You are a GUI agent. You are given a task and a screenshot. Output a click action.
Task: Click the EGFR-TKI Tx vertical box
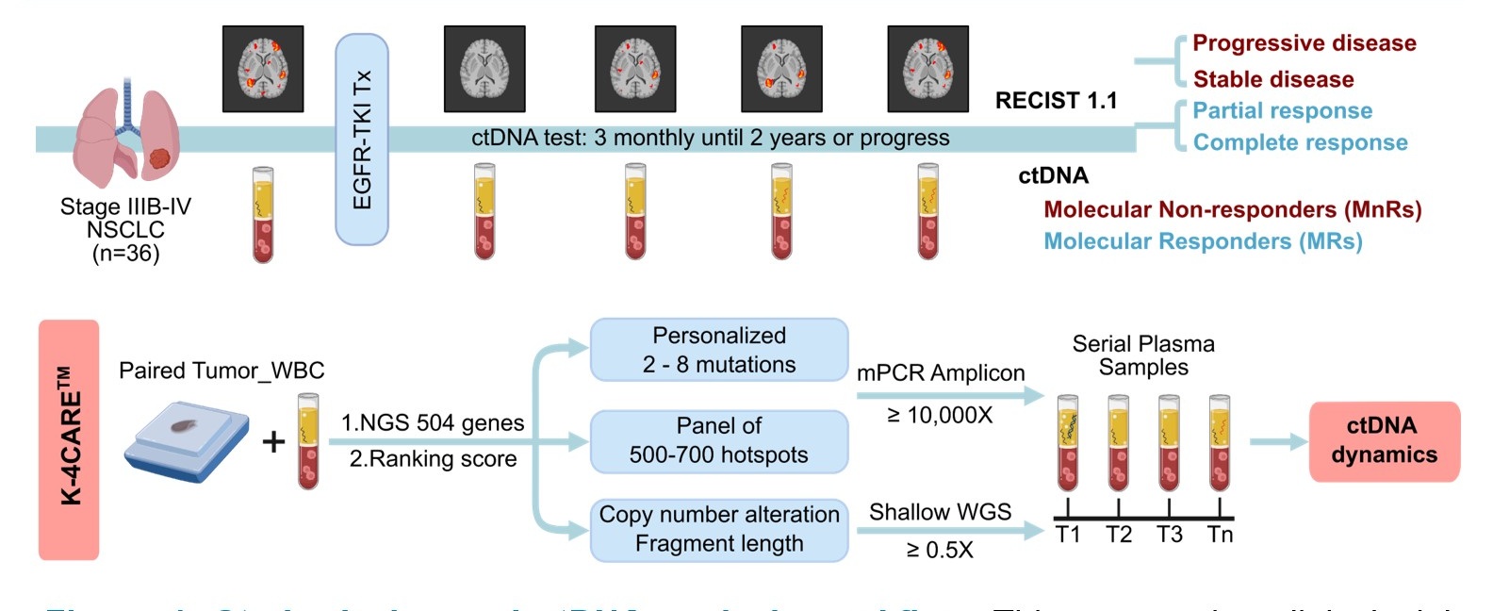pos(362,140)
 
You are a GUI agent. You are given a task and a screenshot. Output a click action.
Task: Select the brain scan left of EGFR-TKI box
pos(263,69)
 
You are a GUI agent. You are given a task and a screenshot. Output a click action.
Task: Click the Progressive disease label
pos(1304,43)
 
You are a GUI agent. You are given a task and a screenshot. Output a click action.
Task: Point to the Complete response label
pos(1300,142)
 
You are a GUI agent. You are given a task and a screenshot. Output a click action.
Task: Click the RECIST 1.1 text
pos(1056,101)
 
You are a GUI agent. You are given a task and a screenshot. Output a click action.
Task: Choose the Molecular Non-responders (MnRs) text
pos(1232,209)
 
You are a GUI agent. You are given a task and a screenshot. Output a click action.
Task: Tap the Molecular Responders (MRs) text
pos(1203,241)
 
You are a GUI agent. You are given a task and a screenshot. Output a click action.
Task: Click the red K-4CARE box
pos(69,439)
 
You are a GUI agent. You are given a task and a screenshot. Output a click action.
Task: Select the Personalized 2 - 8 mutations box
pos(719,350)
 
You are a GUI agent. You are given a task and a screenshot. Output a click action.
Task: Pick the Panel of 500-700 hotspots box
pos(719,440)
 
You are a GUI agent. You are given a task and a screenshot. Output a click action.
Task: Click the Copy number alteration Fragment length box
pos(719,529)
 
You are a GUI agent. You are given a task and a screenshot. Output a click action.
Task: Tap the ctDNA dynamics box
pos(1384,440)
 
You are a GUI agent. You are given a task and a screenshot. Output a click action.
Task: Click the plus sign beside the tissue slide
pos(273,441)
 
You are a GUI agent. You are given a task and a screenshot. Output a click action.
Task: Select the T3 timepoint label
pos(1169,535)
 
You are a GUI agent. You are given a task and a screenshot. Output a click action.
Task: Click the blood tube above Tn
pos(1220,443)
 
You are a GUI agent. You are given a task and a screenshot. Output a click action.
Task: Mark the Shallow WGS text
pos(940,512)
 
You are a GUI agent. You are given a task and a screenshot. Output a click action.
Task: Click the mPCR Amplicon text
pos(941,373)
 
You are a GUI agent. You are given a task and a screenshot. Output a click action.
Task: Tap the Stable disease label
pos(1273,79)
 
